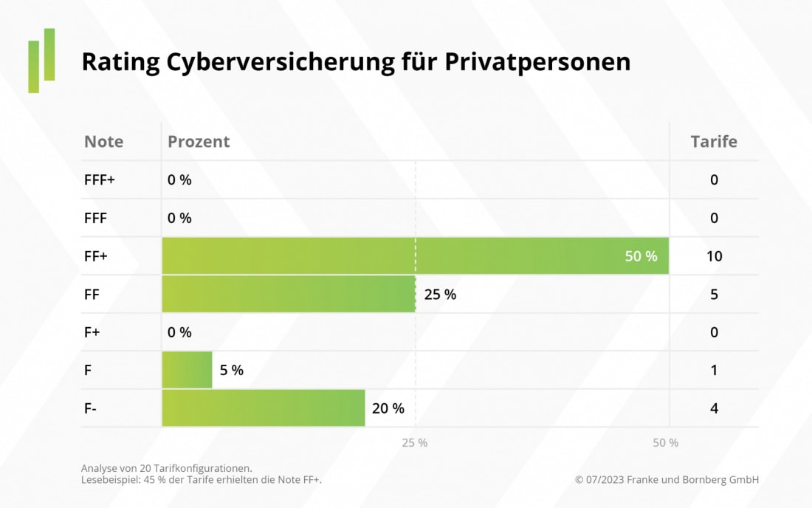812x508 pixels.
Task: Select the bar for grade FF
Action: coord(289,295)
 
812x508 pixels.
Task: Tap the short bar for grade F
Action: coord(187,370)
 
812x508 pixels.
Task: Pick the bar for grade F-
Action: coord(264,408)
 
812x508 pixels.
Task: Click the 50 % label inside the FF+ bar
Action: coord(641,256)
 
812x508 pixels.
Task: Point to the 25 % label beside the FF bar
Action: coord(440,295)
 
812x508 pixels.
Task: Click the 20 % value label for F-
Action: coord(388,408)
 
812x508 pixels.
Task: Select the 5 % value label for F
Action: coord(231,370)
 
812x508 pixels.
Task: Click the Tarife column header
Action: coord(714,142)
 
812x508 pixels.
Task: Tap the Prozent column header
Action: coord(199,142)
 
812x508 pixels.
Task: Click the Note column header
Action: coord(104,142)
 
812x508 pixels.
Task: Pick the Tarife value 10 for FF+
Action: coord(714,256)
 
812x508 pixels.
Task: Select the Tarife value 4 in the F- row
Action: coord(714,408)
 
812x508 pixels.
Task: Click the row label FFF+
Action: coord(100,179)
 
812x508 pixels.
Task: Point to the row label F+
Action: coord(92,332)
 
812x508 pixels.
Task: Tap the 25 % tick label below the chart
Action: coord(415,443)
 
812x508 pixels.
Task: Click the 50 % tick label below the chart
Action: coord(666,443)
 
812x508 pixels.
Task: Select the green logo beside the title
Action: coord(42,61)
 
